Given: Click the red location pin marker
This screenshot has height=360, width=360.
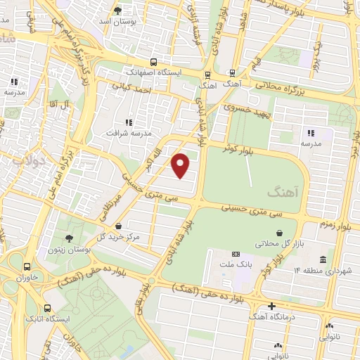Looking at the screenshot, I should click(181, 165).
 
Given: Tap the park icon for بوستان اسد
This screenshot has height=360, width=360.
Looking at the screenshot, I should click(117, 10).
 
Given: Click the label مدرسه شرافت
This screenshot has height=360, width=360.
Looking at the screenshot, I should click(128, 132).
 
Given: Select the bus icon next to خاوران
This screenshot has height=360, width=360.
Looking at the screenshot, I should click(27, 266).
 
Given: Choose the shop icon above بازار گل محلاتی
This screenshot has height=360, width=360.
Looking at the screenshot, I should click(280, 233).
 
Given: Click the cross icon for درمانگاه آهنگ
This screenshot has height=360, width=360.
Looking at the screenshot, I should click(272, 306).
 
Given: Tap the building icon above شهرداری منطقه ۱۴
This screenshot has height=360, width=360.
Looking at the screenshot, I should click(323, 259).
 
